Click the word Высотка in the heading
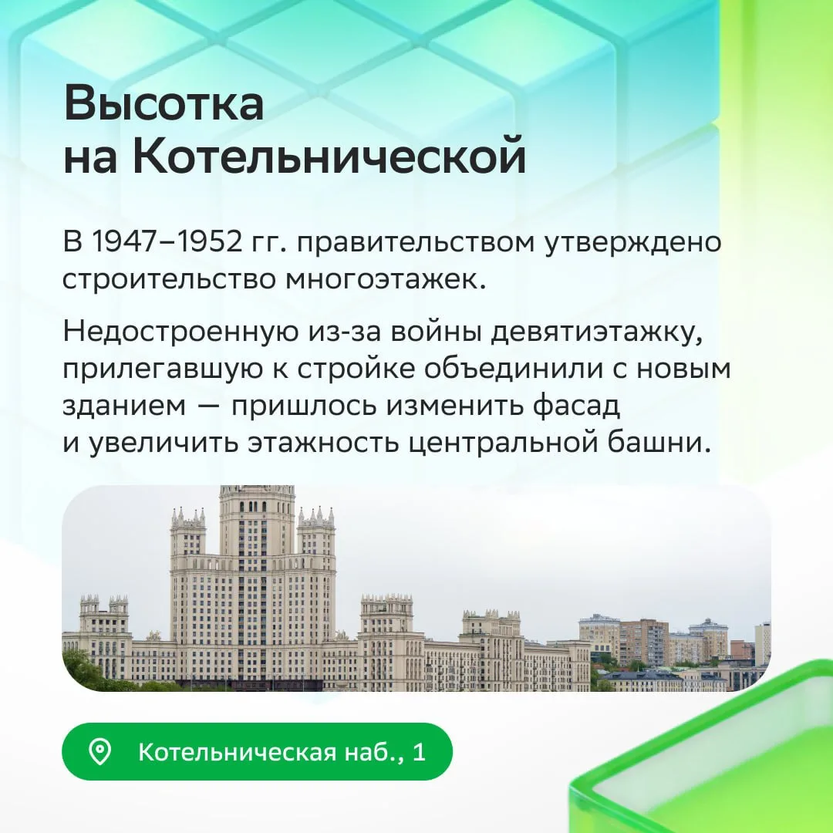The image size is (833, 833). pyautogui.click(x=164, y=103)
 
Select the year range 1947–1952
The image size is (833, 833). pyautogui.click(x=167, y=241)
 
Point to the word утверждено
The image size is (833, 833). pyautogui.click(x=634, y=243)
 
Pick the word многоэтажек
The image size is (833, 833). pyautogui.click(x=386, y=280)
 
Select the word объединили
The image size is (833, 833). pyautogui.click(x=514, y=368)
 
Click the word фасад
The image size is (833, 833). pyautogui.click(x=576, y=406)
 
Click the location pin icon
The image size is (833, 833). pyautogui.click(x=99, y=752)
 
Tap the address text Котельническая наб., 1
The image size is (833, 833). pyautogui.click(x=282, y=752)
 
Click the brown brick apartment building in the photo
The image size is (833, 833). pyautogui.click(x=643, y=642)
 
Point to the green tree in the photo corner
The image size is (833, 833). pyautogui.click(x=83, y=670)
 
